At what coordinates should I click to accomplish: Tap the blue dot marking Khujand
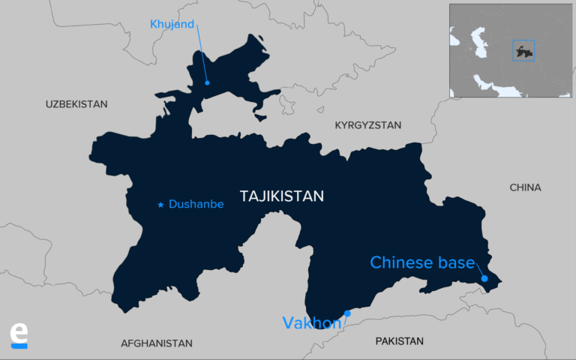coord(207,82)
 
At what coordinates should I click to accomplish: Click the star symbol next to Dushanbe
coord(160,204)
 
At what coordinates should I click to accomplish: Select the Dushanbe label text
coord(196,204)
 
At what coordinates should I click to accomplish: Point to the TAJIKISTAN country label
coord(281,196)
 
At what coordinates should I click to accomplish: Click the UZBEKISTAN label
coord(76,104)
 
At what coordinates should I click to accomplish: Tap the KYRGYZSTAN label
coord(367,125)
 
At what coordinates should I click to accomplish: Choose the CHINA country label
coord(525,187)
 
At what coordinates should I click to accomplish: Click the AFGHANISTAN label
coord(157,343)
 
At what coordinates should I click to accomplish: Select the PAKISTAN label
coord(400,341)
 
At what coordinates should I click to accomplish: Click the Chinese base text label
coord(422,262)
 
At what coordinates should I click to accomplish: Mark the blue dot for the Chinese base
coord(484,279)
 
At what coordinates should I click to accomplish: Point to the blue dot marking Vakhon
coord(347,313)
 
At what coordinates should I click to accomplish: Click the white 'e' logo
coord(19,332)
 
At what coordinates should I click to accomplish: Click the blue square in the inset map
coord(523,51)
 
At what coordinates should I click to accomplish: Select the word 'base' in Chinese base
coord(457,262)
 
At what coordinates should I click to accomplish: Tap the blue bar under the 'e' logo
coord(19,346)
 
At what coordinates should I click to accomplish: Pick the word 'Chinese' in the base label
coord(402,262)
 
